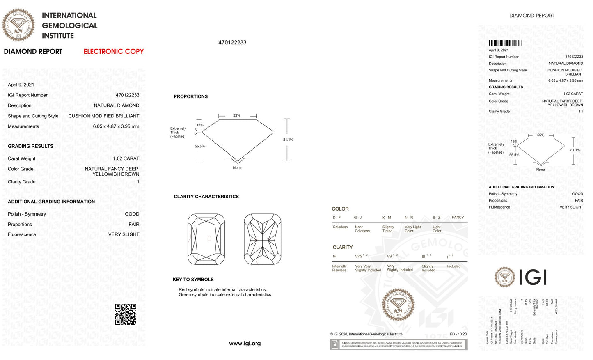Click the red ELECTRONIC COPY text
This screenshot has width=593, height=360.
(x=114, y=52)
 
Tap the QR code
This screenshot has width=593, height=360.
(x=126, y=314)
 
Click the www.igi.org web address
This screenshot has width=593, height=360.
(x=245, y=344)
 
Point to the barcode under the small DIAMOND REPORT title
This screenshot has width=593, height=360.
(x=505, y=43)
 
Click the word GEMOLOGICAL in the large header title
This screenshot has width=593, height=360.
(x=69, y=25)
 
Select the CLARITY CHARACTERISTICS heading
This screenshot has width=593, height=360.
(x=206, y=197)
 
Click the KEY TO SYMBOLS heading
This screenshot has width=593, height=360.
(x=193, y=280)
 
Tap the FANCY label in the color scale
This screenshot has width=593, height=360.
(x=458, y=218)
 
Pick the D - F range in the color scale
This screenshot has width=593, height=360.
(x=337, y=218)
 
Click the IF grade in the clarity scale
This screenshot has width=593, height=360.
(x=334, y=257)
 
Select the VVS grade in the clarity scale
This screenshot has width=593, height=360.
(x=359, y=257)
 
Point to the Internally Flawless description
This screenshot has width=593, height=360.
(x=339, y=268)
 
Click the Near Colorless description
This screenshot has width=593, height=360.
(x=362, y=229)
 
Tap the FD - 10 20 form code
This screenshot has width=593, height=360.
(x=458, y=334)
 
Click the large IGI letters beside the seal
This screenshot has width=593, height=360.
(x=533, y=277)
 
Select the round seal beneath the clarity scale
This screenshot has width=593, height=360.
(x=398, y=305)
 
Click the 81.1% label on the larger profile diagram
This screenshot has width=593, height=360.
(x=288, y=140)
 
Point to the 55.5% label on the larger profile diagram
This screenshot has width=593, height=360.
(x=200, y=147)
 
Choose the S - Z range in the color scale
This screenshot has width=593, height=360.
(x=436, y=218)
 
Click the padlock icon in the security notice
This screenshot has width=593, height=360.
(x=335, y=345)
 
